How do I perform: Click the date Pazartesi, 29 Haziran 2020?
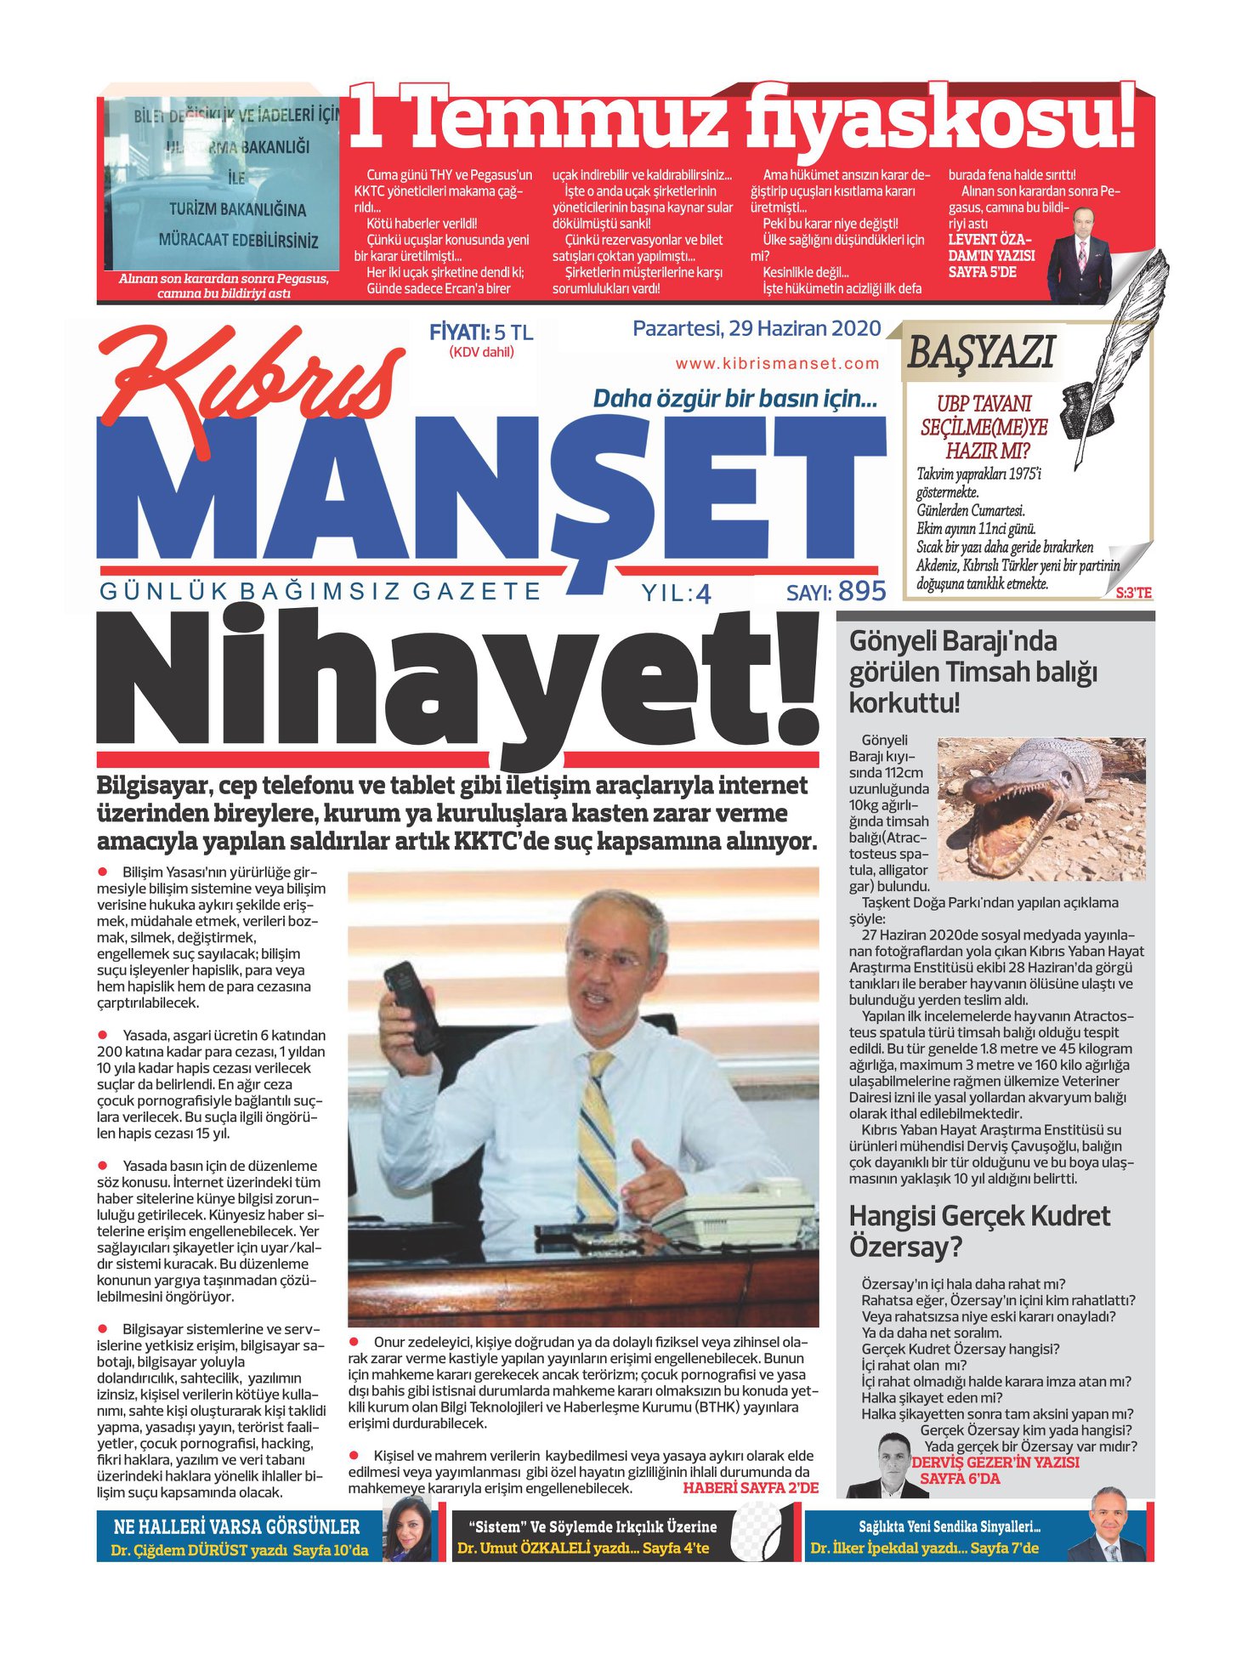click(756, 328)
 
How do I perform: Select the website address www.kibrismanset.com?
click(777, 364)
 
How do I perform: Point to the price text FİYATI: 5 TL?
click(480, 332)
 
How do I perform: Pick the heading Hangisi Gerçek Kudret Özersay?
click(978, 1231)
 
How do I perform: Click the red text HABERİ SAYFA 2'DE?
click(750, 1488)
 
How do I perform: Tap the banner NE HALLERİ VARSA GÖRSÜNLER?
click(236, 1526)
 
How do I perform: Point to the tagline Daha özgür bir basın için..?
click(734, 398)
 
